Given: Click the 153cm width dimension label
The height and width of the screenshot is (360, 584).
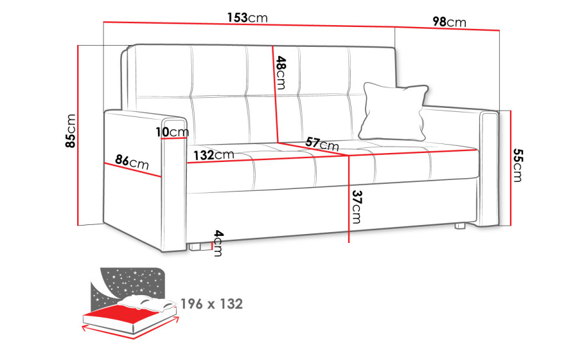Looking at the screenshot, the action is click(247, 17).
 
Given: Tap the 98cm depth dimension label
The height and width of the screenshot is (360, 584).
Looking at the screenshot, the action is click(449, 22).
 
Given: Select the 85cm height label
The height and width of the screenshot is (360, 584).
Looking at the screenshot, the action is click(71, 130).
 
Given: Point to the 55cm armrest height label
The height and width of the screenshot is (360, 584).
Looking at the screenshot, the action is click(518, 165).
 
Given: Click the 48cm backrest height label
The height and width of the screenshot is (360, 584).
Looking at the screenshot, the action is click(281, 73).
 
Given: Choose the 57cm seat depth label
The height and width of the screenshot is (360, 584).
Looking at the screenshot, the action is click(322, 143).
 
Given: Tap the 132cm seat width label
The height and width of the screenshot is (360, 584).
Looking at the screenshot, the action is click(213, 155).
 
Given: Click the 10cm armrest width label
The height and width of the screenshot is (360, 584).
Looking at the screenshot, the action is click(172, 132).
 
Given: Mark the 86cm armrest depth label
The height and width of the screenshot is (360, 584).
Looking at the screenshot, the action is click(132, 162).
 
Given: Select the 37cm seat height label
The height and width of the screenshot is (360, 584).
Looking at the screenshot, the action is click(357, 207).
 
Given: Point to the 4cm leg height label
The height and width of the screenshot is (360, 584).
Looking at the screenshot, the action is click(218, 244).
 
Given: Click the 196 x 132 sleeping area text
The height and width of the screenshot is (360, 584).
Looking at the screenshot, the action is click(211, 304).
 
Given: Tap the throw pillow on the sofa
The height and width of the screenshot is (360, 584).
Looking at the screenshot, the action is click(394, 111).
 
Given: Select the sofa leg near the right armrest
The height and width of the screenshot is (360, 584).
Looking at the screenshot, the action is click(460, 226).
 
